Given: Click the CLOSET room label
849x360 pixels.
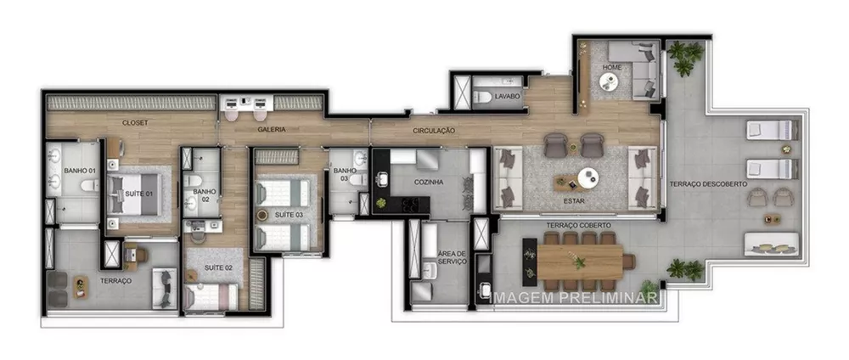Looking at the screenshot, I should point(135,122).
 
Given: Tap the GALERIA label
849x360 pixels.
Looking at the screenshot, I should point(272,129).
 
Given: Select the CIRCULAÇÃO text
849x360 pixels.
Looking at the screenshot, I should point(435,131).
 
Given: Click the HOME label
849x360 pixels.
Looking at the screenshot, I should point(612,66).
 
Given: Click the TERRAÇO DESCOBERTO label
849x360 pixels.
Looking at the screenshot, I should point(708,184).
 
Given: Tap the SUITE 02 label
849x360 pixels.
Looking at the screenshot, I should point(219,267).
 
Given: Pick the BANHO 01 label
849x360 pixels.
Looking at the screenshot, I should point(79,172).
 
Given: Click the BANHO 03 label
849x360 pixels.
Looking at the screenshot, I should point(340,174).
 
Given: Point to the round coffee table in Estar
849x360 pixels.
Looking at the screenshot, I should point(587,177).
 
